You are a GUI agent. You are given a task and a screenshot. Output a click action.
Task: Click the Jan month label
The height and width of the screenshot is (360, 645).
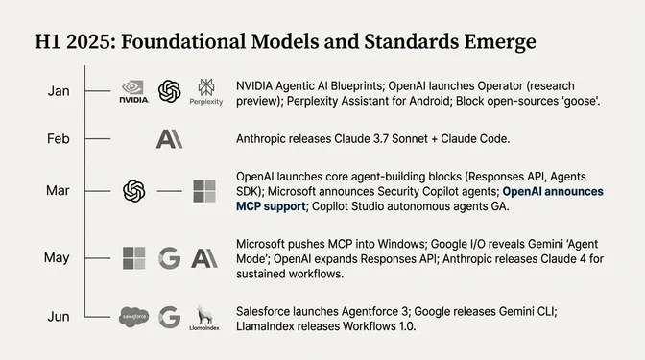[x=58, y=91]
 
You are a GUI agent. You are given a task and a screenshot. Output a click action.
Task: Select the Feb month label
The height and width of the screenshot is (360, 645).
[x=58, y=139]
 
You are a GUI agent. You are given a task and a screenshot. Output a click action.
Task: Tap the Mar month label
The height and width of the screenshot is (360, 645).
[x=58, y=191]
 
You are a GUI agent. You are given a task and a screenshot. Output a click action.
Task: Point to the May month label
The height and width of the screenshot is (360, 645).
[x=58, y=257]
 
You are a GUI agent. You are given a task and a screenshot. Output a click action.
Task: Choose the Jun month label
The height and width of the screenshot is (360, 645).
[x=58, y=317]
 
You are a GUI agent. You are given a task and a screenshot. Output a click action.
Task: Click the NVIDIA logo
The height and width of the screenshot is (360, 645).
[x=133, y=91]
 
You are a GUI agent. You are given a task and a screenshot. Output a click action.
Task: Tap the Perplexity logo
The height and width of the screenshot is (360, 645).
[x=206, y=91]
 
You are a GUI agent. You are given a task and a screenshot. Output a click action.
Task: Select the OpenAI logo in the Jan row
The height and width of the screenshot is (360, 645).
[x=170, y=90]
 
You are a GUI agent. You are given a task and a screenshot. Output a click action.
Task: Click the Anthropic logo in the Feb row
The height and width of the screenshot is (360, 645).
[x=170, y=139]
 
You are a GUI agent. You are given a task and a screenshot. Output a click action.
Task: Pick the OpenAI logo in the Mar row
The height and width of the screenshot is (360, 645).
[x=133, y=191]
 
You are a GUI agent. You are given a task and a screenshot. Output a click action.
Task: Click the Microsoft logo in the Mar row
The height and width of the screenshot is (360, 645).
[x=204, y=191]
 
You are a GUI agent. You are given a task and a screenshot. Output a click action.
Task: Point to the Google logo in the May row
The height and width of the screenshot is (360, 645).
[x=170, y=257]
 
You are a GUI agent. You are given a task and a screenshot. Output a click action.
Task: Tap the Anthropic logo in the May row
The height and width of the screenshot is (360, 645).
[x=204, y=257]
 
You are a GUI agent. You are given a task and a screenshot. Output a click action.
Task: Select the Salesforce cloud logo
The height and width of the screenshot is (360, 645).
[x=133, y=317]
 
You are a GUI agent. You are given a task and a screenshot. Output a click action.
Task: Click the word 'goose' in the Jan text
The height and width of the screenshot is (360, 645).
[x=577, y=100]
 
